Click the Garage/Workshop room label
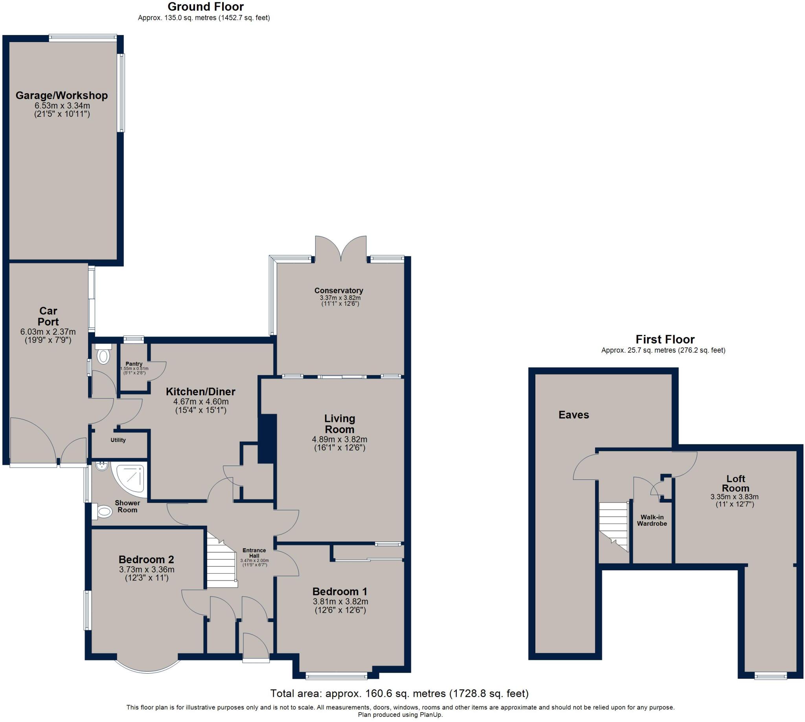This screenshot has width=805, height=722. point(61,96)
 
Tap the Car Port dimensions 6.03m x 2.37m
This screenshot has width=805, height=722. point(48,332)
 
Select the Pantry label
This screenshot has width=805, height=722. point(134,364)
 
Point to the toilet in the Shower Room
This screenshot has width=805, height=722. point(103,512)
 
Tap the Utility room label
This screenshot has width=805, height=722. point(118,440)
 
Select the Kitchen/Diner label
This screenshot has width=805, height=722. point(200,392)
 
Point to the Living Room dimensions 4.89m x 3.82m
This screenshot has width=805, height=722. point(340,440)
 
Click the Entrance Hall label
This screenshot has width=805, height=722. point(254,553)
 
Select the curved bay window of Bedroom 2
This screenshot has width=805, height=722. point(147,669)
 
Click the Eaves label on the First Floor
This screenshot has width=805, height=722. point(573,415)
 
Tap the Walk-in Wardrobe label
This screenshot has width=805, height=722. point(652,520)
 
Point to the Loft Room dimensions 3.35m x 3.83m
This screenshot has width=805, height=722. point(734,497)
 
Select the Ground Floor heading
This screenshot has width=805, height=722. point(206,7)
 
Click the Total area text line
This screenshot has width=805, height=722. point(399,693)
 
